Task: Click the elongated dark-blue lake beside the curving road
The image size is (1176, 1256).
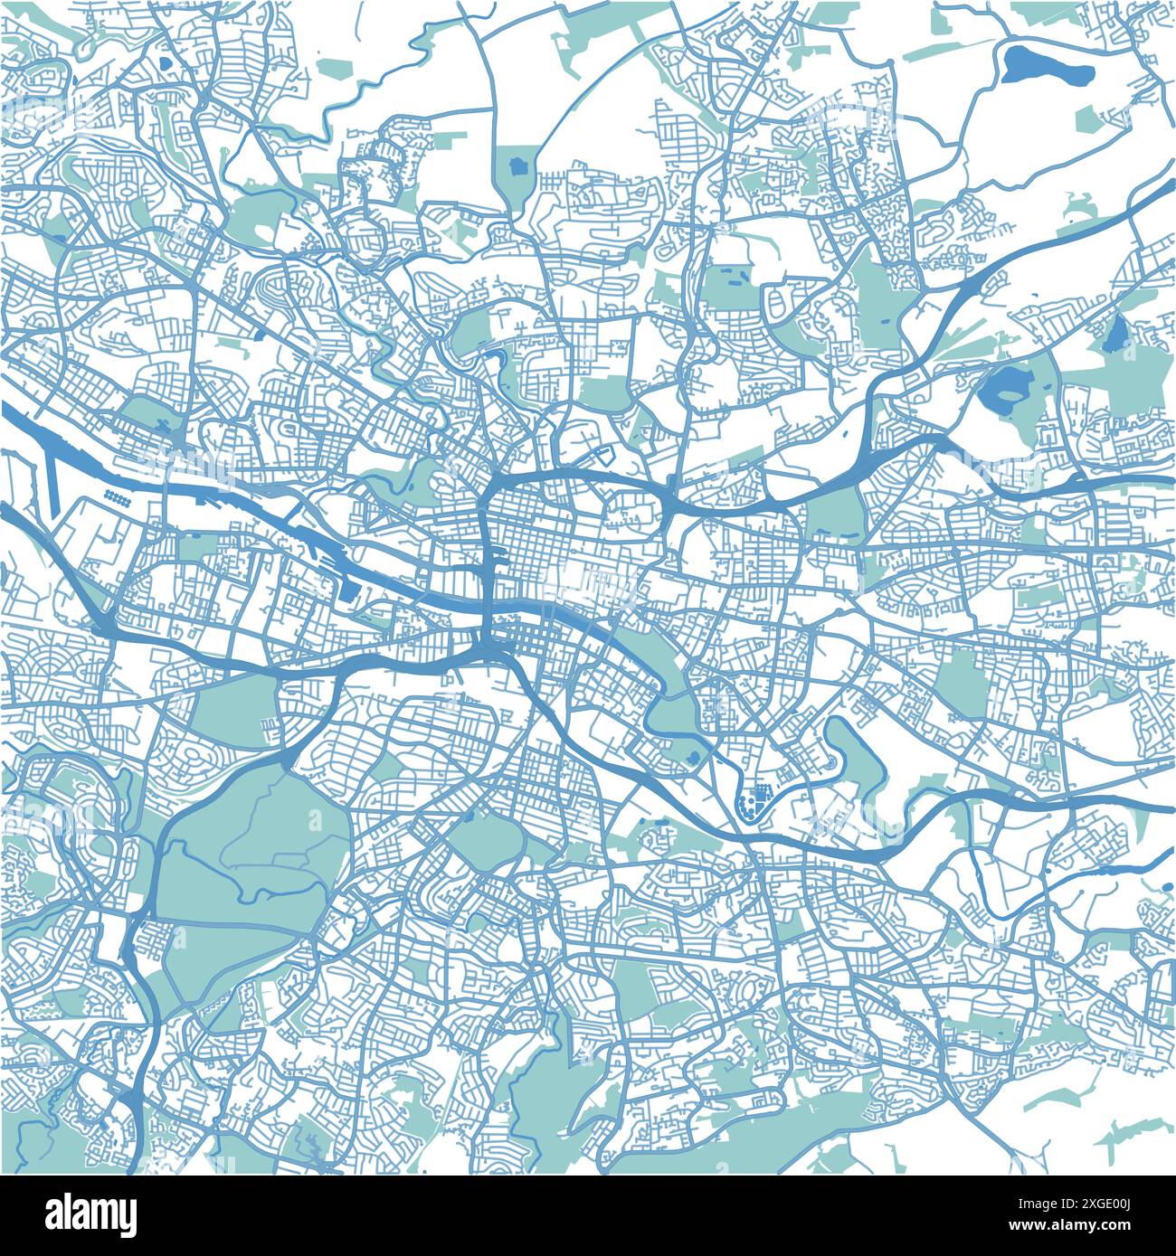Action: [1047, 65]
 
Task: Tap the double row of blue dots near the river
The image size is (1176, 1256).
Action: [116, 496]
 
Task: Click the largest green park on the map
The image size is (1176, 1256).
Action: [253, 868]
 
